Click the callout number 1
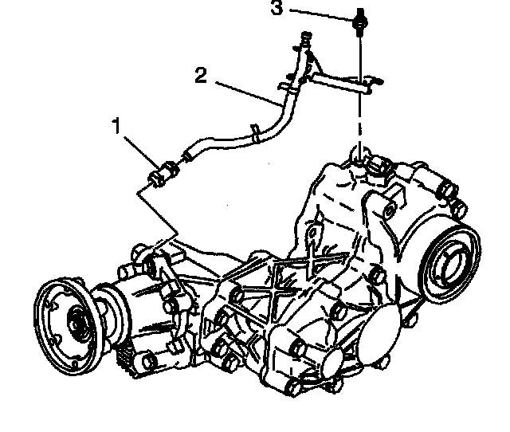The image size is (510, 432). click(x=116, y=125)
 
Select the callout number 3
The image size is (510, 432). click(x=276, y=9)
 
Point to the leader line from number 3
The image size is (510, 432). click(x=319, y=12)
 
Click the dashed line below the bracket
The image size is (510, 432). click(x=360, y=120)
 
